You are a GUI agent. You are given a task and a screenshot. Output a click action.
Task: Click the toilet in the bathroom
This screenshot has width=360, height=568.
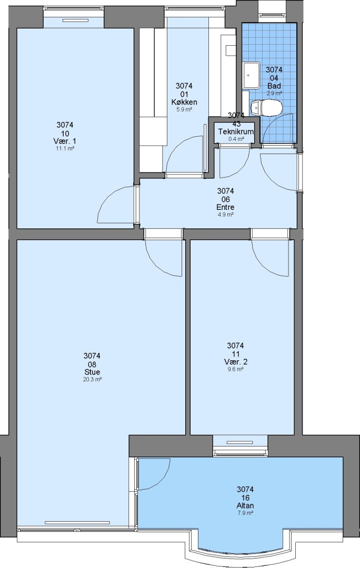(266, 108)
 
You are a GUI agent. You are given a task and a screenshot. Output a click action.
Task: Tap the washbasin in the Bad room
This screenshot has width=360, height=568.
(252, 75)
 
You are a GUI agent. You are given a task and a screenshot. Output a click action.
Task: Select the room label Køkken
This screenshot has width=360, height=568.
(184, 102)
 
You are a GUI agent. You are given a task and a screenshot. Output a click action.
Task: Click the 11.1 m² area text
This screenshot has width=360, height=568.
(65, 148)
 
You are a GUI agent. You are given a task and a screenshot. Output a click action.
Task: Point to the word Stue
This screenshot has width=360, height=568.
(92, 372)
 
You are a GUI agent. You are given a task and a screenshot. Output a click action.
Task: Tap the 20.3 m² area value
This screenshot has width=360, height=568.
(92, 380)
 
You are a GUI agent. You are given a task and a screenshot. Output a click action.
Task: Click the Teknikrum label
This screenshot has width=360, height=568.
(236, 131)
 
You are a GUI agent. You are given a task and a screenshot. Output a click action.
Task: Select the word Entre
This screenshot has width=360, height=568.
(225, 207)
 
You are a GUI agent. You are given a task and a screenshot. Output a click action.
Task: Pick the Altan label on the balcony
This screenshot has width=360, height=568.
(245, 505)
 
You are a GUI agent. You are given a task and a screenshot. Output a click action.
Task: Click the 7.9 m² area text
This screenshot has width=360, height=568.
(245, 513)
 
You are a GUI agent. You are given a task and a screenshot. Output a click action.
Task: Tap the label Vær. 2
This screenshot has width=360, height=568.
(235, 362)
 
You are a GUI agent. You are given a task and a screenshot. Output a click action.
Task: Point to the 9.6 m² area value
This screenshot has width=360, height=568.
(235, 370)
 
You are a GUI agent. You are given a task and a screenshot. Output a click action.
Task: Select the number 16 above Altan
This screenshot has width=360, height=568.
(245, 498)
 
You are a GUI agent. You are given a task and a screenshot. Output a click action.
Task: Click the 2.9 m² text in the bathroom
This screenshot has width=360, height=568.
(274, 93)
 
